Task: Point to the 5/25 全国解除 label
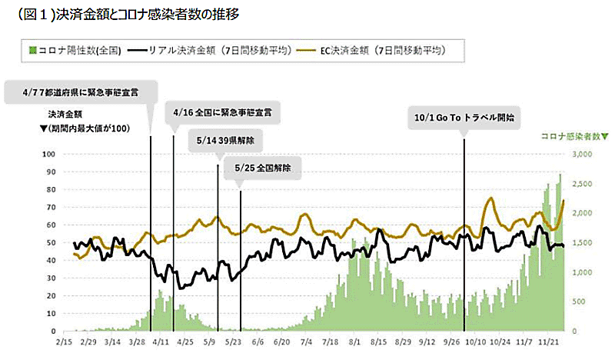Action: tap(261, 168)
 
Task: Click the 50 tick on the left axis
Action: tap(51, 242)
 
